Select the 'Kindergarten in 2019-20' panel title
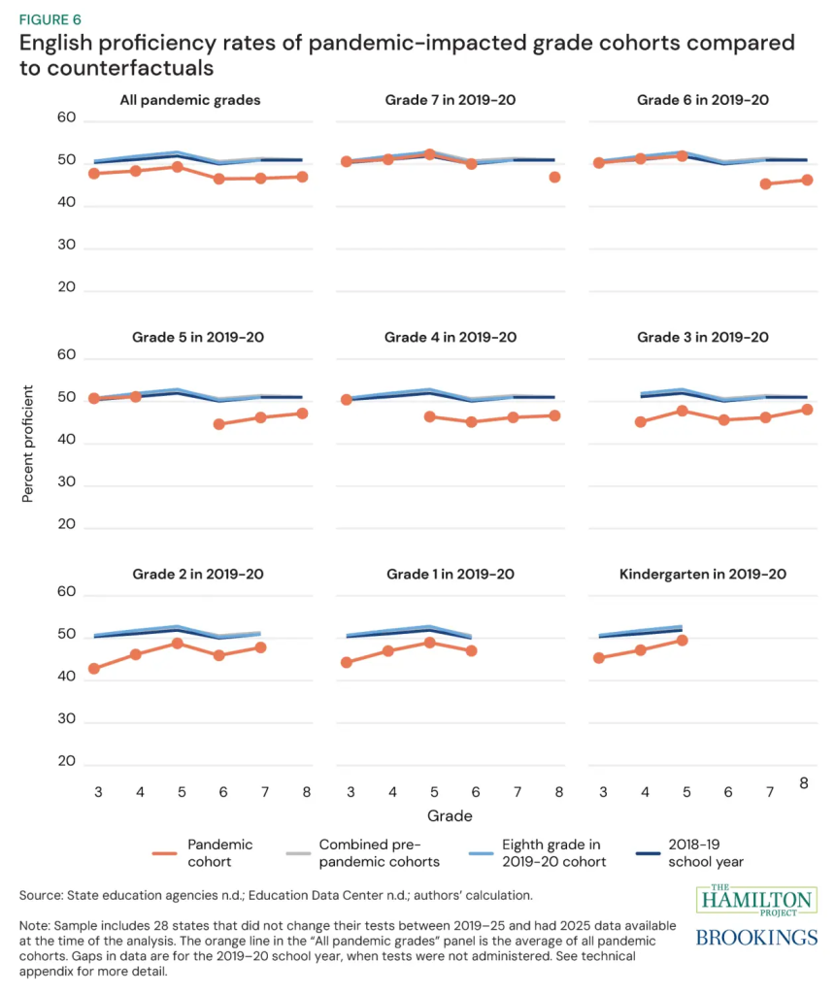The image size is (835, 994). coord(702,574)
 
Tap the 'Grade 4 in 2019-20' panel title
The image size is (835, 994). coord(451,337)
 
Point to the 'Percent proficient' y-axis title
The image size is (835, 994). coord(28,446)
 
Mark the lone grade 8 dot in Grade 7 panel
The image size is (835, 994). coord(554,177)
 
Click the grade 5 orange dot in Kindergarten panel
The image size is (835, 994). coord(683,641)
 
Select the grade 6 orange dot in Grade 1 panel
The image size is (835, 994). coord(472,650)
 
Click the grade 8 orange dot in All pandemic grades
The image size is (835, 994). coord(302,177)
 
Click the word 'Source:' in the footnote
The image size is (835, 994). coord(42,893)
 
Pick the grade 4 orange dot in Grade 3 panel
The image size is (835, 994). coord(641,422)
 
